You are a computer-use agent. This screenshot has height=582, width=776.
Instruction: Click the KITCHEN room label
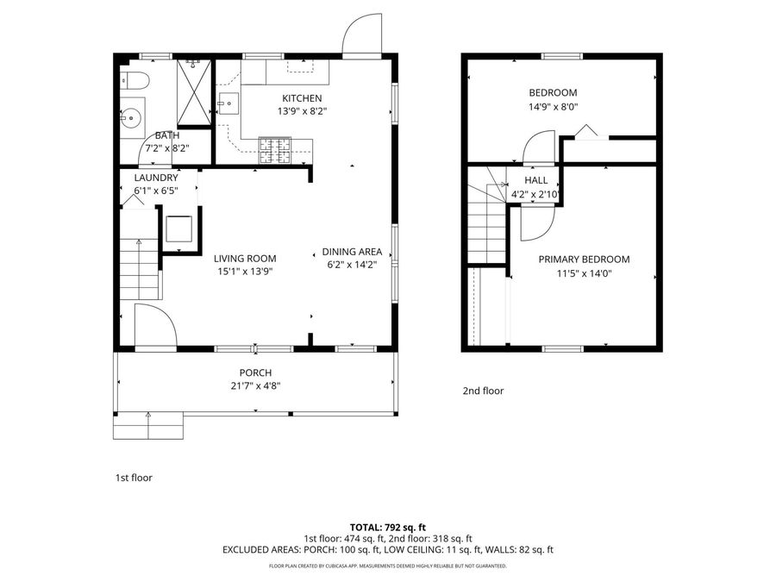[x=301, y=98]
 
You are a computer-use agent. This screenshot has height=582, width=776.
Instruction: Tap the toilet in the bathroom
[x=136, y=82]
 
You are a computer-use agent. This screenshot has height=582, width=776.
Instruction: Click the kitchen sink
[x=228, y=104]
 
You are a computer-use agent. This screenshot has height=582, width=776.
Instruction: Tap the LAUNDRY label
[x=156, y=178]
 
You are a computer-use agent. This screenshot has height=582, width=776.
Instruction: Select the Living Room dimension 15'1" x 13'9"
[x=246, y=271]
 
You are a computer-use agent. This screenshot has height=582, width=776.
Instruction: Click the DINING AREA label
[x=352, y=252]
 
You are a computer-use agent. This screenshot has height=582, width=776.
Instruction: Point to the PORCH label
[x=255, y=372]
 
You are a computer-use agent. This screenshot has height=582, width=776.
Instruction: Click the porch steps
[x=148, y=424]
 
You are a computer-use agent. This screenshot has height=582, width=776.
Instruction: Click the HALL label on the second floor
[x=536, y=180]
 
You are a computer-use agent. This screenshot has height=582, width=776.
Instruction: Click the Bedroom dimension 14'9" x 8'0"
[x=553, y=107]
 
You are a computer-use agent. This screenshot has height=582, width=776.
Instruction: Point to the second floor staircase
[x=485, y=224]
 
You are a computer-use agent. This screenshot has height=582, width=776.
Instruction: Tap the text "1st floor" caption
[x=134, y=477]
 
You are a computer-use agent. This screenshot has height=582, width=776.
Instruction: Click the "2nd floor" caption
[x=483, y=391]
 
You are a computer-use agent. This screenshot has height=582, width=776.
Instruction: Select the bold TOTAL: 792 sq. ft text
[x=387, y=526]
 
